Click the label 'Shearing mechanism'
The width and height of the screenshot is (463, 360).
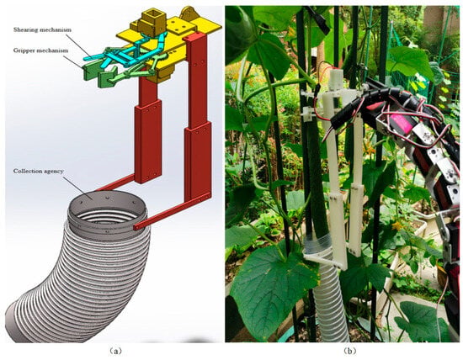click(x=42, y=29)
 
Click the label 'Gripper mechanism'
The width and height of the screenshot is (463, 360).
click(x=40, y=50)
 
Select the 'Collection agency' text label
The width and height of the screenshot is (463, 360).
click(x=39, y=171)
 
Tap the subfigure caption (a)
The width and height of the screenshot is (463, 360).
click(x=114, y=351)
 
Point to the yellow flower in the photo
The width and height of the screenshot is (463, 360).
click(x=397, y=226)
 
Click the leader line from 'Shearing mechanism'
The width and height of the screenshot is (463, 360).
click(x=79, y=45)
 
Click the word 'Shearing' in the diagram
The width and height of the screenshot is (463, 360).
click(x=24, y=29)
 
